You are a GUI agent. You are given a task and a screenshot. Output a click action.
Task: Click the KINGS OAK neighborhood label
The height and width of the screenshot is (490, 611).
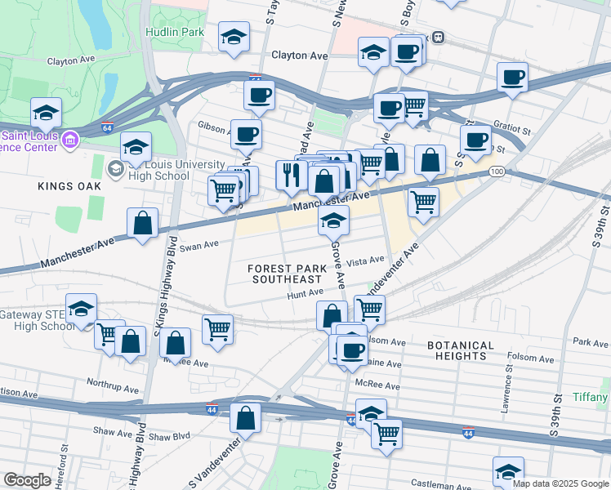click(x=69, y=186)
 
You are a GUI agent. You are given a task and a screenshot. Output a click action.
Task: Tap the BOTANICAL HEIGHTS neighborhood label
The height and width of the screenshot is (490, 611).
click(x=461, y=350)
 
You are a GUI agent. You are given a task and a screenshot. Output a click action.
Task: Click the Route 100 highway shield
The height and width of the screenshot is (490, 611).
click(x=497, y=171)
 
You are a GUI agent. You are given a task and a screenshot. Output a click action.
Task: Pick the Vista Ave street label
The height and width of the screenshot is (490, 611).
click(x=365, y=261)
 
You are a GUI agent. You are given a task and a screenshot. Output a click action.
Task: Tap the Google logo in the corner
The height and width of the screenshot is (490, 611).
click(x=28, y=480)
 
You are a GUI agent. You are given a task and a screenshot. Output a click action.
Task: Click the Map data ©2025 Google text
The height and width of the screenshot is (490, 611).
click(x=560, y=483)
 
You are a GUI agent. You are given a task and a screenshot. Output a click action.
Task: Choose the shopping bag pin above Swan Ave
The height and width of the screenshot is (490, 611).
click(x=143, y=223)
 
